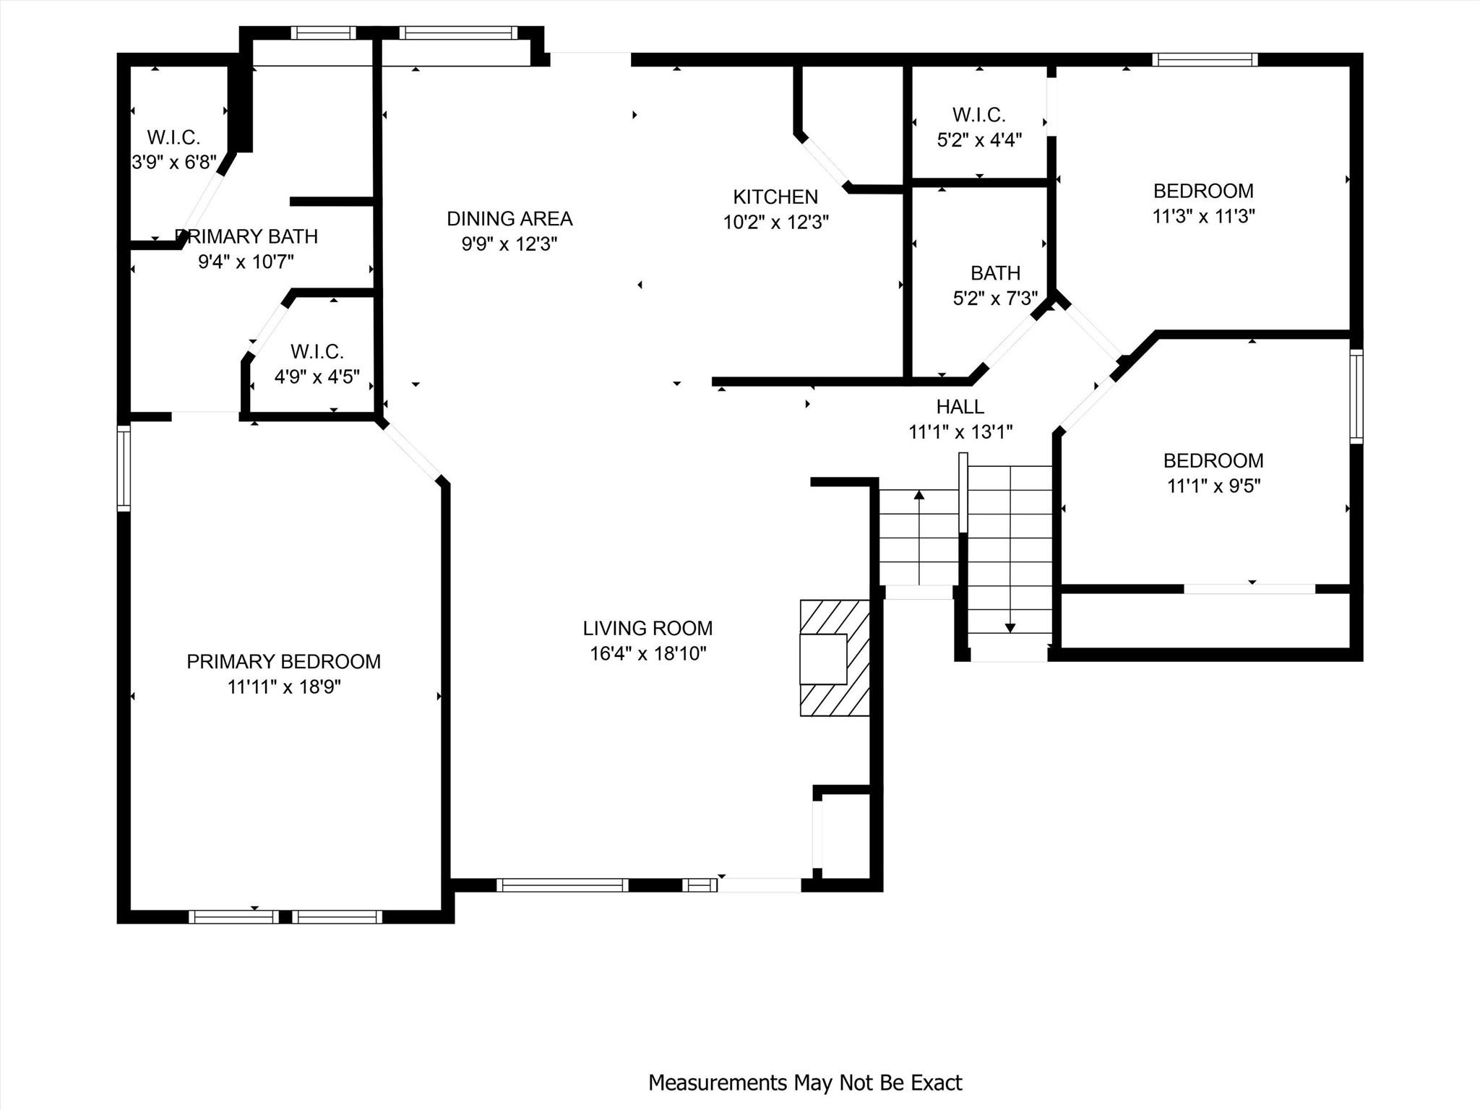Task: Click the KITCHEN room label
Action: coord(775,197)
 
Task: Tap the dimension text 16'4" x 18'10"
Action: coord(647,653)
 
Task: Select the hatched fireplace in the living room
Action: coord(834,658)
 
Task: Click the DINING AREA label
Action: coord(509,218)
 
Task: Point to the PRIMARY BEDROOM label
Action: coord(283,661)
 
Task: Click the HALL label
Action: coord(960,406)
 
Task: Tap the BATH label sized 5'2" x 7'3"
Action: coord(995,273)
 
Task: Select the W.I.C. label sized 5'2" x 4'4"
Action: coord(978,115)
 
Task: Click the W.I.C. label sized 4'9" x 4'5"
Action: coord(317,352)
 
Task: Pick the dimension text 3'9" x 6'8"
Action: coord(174,162)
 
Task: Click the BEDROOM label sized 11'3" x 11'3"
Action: coord(1203,191)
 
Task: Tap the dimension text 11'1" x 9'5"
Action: coord(1213,486)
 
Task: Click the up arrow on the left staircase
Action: coord(918,496)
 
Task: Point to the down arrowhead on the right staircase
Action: coord(1010,628)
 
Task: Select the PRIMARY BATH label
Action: coord(246,236)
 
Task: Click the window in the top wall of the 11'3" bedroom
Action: coord(1205,59)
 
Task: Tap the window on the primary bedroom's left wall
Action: coord(124,468)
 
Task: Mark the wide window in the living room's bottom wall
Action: coord(562,885)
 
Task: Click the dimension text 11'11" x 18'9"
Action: coord(283,687)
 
